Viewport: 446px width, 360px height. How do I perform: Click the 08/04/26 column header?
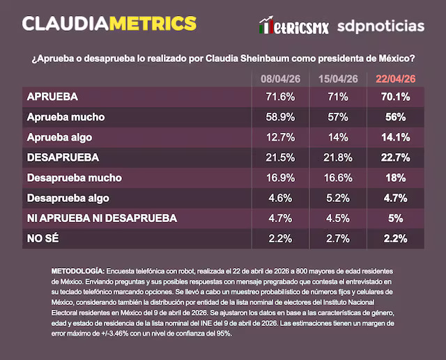click(x=279, y=79)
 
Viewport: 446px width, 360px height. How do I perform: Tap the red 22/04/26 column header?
click(x=396, y=79)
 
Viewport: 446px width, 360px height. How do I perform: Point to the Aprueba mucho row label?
click(x=65, y=116)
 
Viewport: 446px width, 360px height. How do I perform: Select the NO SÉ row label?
click(x=43, y=238)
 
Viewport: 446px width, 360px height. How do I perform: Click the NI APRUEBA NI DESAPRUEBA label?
click(x=101, y=218)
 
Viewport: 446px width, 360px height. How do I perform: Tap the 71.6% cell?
click(x=279, y=96)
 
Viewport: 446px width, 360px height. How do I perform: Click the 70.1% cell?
click(x=396, y=96)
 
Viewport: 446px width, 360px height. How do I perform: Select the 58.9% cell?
click(x=279, y=116)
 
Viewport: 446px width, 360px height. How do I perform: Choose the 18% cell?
click(x=396, y=178)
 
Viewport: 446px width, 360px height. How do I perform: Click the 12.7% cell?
click(x=279, y=137)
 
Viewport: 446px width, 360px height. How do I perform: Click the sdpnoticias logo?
click(x=380, y=26)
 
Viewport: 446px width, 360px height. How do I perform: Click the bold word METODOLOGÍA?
click(x=77, y=270)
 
